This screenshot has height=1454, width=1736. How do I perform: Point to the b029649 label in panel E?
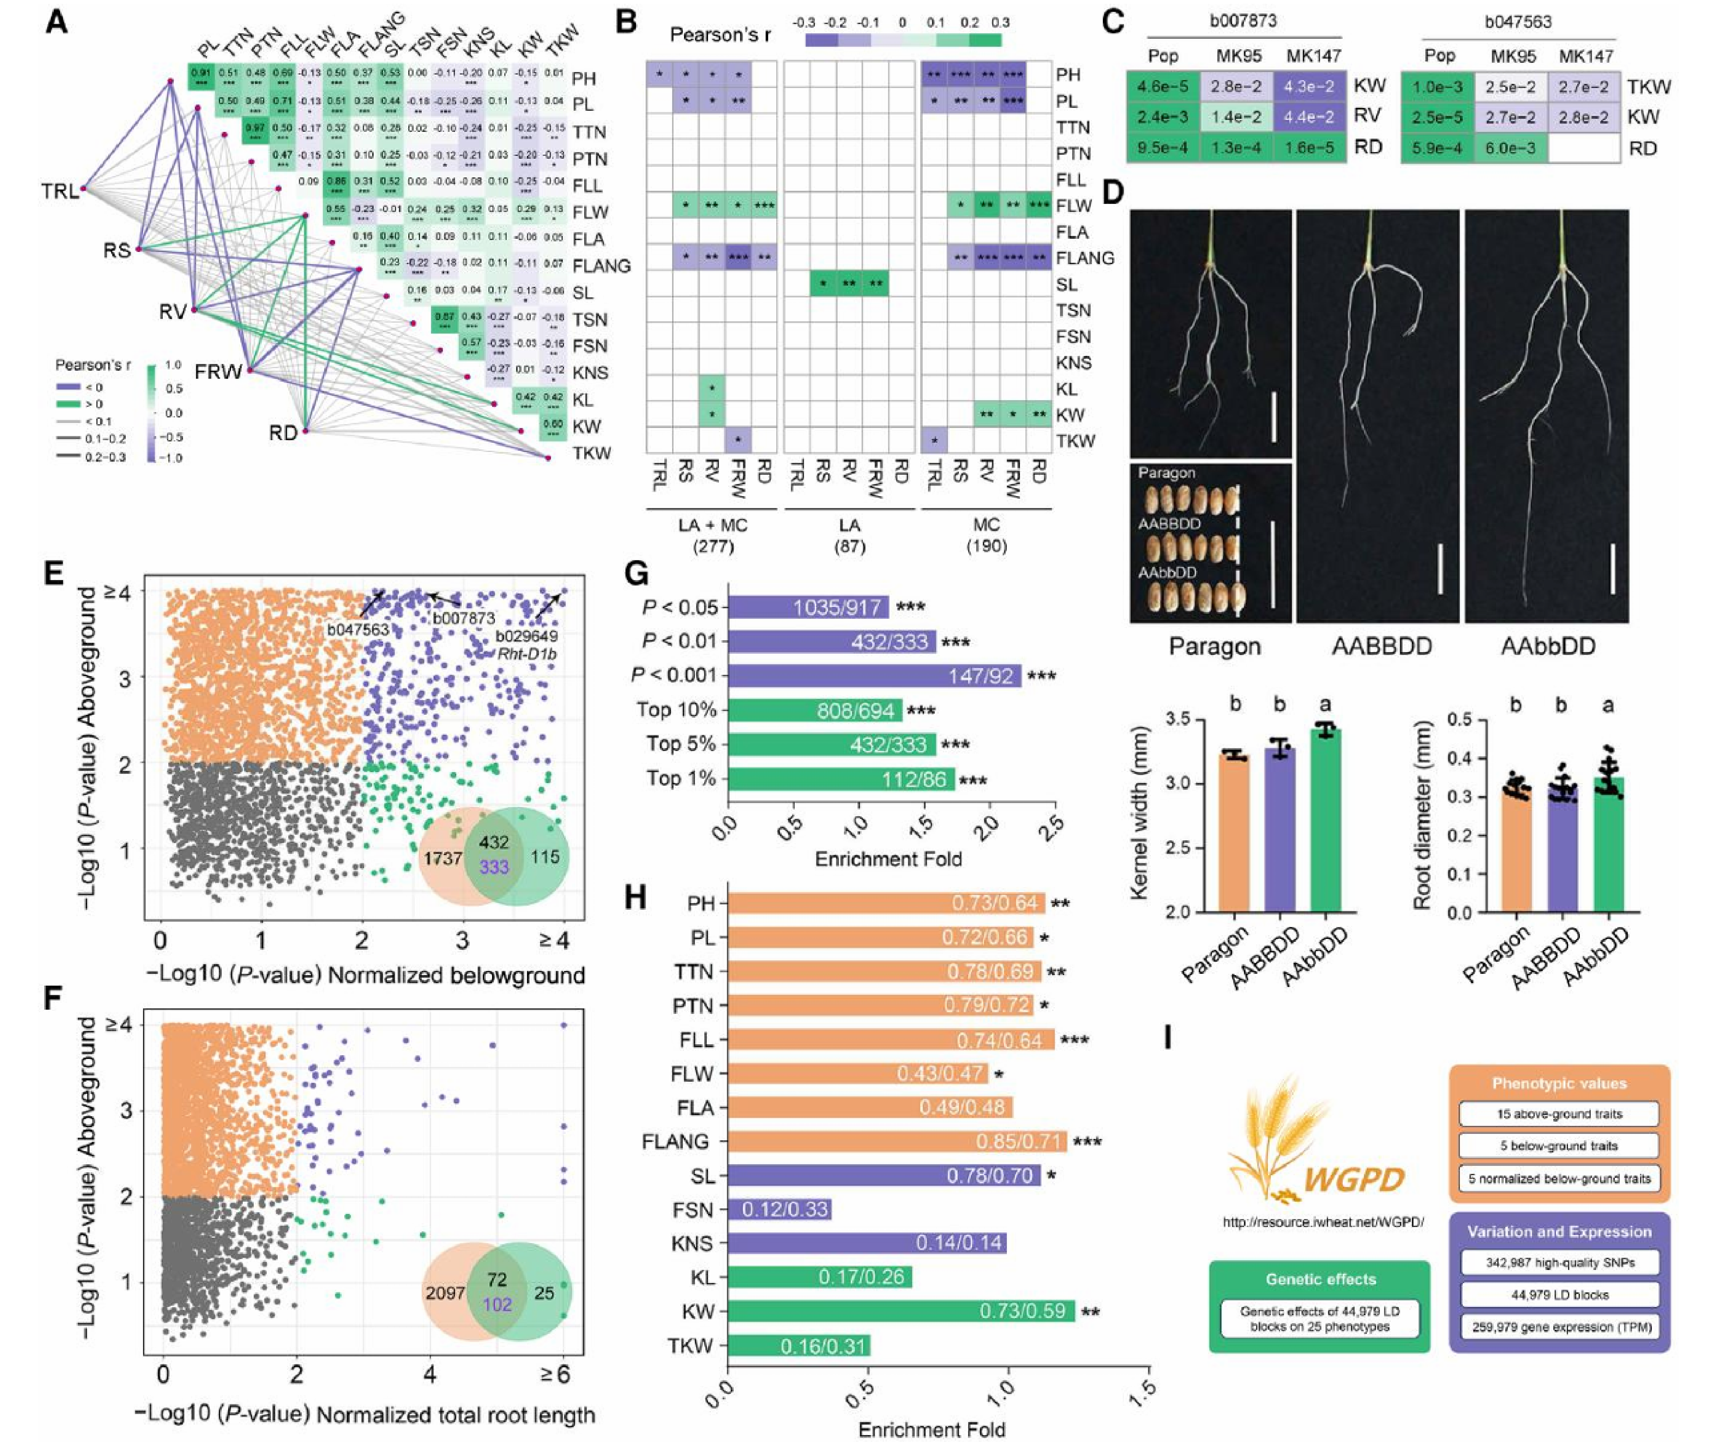pyautogui.click(x=527, y=636)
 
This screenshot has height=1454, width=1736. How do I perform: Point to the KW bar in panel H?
pyautogui.click(x=901, y=1311)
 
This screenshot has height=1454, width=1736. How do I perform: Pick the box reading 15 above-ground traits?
pyautogui.click(x=1559, y=1114)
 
